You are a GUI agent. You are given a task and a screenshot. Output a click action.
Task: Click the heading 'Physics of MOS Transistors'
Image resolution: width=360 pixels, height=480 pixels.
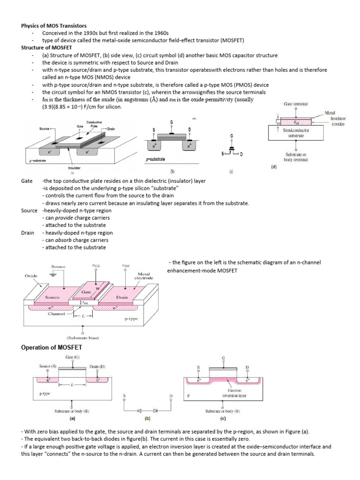pyautogui.click(x=54, y=25)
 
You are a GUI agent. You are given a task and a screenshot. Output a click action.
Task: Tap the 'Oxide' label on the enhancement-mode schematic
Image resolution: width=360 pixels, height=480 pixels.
pyautogui.click(x=31, y=276)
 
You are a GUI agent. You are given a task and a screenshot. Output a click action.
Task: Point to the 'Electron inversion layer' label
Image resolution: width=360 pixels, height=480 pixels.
pyautogui.click(x=234, y=392)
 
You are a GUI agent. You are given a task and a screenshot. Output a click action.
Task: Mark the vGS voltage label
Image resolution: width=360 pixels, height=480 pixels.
pyautogui.click(x=97, y=265)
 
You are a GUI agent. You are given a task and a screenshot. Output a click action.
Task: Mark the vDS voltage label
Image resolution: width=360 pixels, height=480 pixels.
pyautogui.click(x=126, y=265)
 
